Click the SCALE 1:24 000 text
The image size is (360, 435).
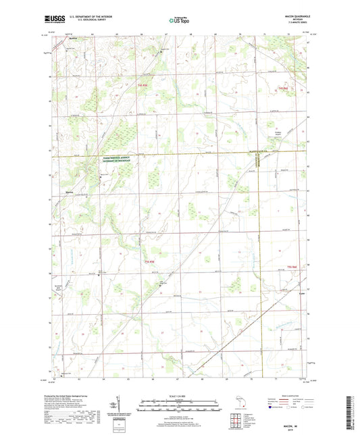(x=179, y=395)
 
